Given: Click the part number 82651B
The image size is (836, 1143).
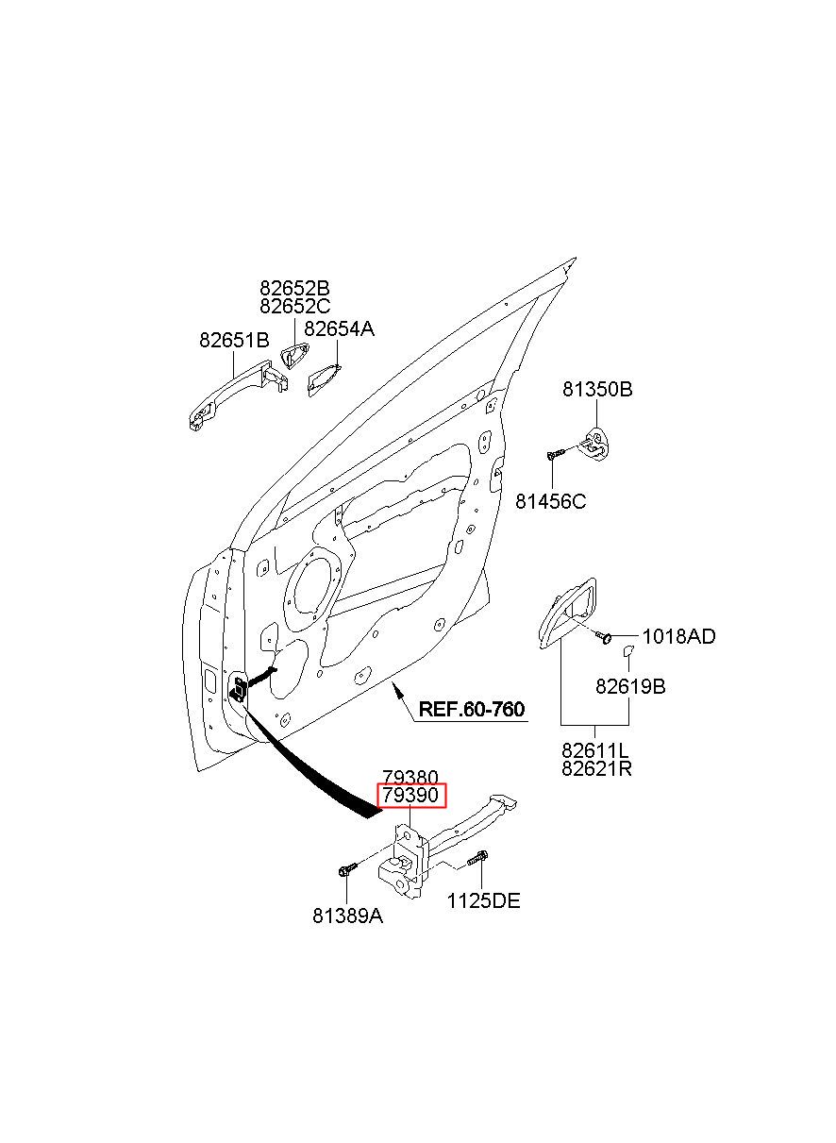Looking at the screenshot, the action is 234,340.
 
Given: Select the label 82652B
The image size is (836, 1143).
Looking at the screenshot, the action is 294,288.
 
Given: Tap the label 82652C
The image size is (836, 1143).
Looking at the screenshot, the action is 294,306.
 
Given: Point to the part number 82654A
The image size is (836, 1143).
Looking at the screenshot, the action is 339,329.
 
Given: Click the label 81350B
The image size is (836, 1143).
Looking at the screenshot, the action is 597,389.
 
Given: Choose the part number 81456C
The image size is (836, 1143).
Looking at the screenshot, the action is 551,501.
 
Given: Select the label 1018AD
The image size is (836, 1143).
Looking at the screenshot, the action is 679,636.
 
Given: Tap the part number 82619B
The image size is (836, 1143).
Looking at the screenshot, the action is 630,687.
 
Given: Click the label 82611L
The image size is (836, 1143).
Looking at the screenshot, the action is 595,750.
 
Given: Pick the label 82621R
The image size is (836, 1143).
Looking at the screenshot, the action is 596,768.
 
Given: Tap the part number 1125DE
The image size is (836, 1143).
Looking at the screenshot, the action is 483,900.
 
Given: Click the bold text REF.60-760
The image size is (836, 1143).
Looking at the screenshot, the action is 471,709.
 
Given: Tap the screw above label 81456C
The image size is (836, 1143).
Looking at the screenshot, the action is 555,453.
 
